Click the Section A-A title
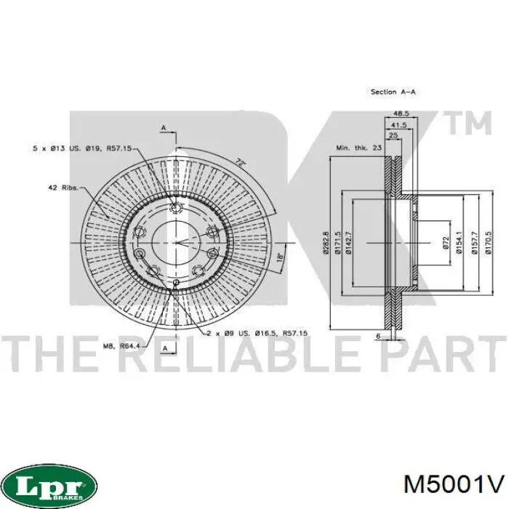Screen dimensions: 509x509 [x=393, y=92]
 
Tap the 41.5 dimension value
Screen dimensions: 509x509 [x=396, y=124]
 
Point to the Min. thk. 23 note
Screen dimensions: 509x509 [x=358, y=148]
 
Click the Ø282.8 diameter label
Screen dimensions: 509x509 [x=326, y=242]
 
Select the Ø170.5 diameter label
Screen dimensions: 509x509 [x=489, y=242]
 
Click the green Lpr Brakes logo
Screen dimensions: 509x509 [x=49, y=484]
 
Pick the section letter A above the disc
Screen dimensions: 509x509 [x=164, y=128]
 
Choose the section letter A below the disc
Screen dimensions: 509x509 [x=166, y=349]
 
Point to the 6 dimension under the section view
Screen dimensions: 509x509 [x=378, y=335]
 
